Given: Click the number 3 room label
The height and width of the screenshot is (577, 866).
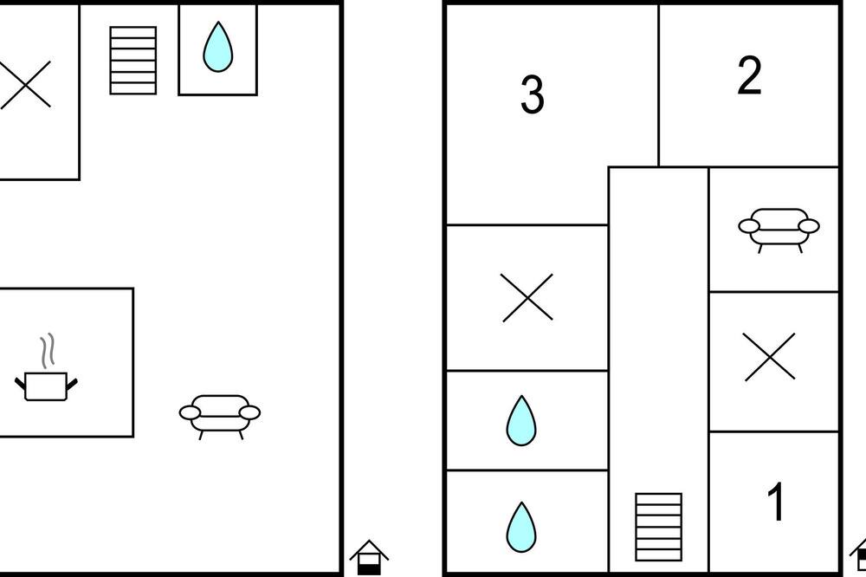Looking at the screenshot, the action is (533, 95).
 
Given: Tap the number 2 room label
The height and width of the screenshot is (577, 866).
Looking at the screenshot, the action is (749, 75).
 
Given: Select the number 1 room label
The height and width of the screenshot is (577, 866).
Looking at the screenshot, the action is (777, 502).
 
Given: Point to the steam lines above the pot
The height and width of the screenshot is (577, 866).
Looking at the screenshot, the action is (48, 350).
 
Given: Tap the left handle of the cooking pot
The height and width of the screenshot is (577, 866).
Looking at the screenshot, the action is (21, 382).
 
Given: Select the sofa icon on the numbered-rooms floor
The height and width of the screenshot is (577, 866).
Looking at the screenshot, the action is (779, 230).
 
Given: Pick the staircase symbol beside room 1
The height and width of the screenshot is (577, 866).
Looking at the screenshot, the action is (658, 527).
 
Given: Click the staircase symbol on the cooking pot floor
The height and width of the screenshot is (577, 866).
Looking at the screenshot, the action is (133, 61).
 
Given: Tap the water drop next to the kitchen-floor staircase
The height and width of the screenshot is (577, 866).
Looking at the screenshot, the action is (218, 47).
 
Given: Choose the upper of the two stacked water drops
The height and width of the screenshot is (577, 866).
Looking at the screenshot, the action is (521, 420).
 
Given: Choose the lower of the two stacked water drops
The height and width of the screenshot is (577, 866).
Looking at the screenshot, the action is (521, 528).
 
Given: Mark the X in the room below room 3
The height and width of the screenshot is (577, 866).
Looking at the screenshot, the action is (527, 297).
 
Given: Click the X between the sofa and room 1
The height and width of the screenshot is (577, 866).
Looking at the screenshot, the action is (770, 357).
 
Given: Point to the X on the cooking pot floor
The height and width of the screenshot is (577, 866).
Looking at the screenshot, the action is (25, 84).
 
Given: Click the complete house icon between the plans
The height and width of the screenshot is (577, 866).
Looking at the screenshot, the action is (369, 557).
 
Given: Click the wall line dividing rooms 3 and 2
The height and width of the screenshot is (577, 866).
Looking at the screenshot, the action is (659, 86).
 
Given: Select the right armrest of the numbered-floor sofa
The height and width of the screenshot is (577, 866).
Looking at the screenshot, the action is (809, 226).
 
